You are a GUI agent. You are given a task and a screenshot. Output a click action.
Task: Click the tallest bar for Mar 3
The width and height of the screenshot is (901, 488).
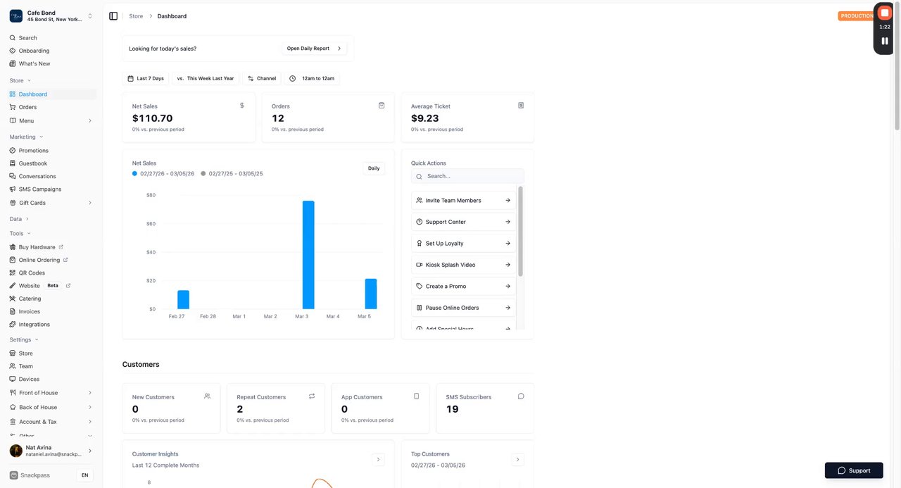tap(308, 255)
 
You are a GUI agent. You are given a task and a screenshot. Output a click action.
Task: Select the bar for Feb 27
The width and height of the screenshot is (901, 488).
tap(183, 300)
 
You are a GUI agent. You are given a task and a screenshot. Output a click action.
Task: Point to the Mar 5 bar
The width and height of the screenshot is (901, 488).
tap(370, 294)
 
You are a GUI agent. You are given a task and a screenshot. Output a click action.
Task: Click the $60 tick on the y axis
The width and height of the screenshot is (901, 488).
tap(151, 224)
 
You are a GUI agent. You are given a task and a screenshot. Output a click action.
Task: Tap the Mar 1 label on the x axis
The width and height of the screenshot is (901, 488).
tap(239, 317)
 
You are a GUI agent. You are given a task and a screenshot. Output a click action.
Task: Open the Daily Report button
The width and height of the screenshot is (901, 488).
tap(314, 49)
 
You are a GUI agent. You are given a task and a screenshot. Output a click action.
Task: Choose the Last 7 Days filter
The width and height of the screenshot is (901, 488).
tap(146, 78)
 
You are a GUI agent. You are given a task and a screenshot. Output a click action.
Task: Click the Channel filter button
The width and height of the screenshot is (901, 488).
tap(261, 78)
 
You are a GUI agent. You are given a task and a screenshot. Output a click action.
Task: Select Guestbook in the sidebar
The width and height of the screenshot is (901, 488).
tap(33, 163)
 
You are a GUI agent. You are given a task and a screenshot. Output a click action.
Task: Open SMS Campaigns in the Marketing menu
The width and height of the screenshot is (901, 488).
tap(40, 189)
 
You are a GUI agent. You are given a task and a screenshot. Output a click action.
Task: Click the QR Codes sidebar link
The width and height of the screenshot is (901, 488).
tap(32, 273)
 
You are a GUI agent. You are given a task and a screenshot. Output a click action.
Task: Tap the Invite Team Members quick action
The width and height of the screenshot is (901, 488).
tap(463, 201)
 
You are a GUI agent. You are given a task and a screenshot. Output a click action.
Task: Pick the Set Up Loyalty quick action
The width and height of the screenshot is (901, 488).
tap(463, 244)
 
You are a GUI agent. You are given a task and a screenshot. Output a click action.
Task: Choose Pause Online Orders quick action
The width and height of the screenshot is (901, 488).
tap(463, 308)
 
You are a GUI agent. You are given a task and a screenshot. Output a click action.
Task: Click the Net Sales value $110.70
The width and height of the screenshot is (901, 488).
tap(153, 118)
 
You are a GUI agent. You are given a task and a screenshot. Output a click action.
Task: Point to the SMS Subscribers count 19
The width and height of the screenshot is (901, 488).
tap(453, 409)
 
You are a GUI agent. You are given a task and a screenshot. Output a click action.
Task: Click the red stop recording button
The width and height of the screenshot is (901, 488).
tap(885, 13)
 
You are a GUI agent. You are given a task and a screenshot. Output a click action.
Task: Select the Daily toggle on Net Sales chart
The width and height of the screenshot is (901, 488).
tap(374, 168)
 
